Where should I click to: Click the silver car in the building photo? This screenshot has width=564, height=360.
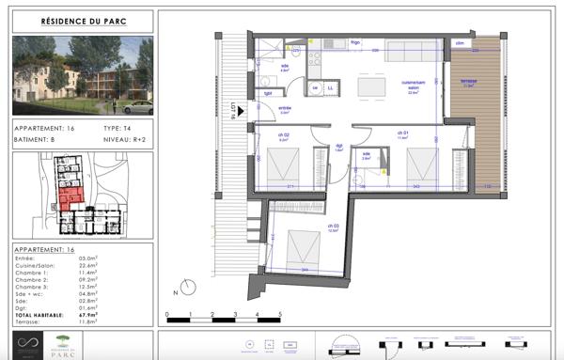click(x=137, y=106)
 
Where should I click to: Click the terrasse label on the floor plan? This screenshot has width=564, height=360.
click(x=467, y=82)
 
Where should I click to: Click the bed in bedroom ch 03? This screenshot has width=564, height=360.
click(x=303, y=247)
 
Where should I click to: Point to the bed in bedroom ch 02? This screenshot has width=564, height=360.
click(x=281, y=169)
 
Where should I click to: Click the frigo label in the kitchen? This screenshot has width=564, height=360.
click(x=355, y=43)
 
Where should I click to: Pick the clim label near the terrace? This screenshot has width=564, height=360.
click(x=461, y=43)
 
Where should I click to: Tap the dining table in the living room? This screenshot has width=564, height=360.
click(x=372, y=86)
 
